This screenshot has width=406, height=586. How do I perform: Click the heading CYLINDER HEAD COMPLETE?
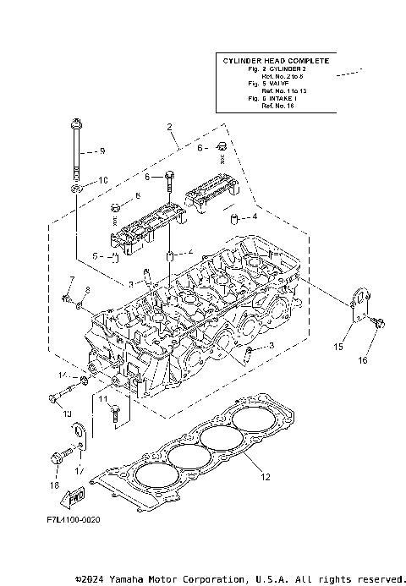tap(276, 62)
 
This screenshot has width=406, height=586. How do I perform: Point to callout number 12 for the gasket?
tap(264, 477)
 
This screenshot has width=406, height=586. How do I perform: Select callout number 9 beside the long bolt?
tap(101, 151)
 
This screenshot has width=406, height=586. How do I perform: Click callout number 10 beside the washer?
tap(102, 180)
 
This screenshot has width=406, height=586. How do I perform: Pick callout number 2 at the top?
tap(170, 128)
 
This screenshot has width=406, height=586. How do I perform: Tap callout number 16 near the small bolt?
tap(362, 360)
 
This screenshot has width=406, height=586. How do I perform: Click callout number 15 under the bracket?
tap(337, 347)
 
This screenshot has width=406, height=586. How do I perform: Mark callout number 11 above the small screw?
tap(101, 397)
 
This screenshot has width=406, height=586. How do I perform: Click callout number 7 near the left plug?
tap(72, 280)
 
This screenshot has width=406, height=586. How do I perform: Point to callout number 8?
tap(86, 290)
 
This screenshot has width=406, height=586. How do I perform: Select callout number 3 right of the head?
tap(271, 346)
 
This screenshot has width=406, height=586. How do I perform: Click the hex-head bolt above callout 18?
tap(58, 457)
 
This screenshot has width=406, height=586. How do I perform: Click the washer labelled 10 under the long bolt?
tap(76, 184)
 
